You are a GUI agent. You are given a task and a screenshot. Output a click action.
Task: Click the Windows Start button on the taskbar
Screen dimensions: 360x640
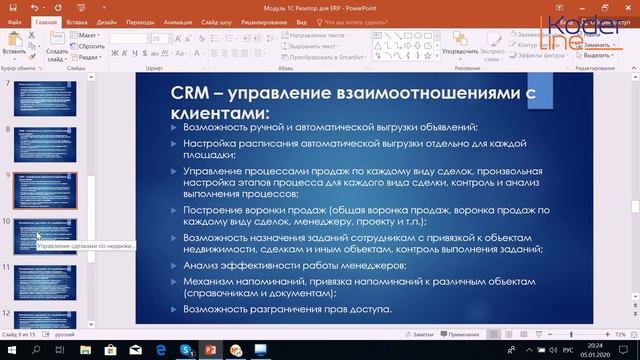click(x=10, y=350)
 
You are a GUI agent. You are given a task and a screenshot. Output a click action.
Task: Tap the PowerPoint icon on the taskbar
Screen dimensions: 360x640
click(x=211, y=350)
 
